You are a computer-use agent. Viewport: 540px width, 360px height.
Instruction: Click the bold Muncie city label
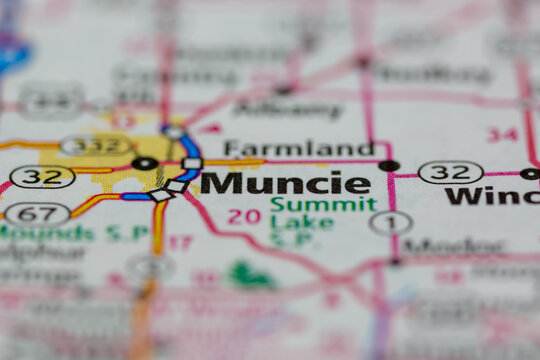pyautogui.click(x=285, y=184)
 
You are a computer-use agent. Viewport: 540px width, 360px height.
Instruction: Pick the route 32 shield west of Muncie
pyautogui.click(x=42, y=177)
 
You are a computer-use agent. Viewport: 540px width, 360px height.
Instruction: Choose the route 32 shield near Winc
pyautogui.click(x=450, y=172)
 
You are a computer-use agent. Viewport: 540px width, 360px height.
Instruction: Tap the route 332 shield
pyautogui.click(x=96, y=146)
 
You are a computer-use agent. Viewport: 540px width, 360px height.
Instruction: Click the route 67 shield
pyautogui.click(x=37, y=213)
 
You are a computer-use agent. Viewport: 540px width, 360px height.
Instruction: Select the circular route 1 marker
pyautogui.click(x=390, y=223)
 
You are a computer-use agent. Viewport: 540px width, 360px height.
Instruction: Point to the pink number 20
pyautogui.click(x=244, y=216)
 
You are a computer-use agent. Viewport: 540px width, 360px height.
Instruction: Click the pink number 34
pyautogui.click(x=502, y=134)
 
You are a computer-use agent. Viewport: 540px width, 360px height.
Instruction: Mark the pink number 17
pyautogui.click(x=180, y=242)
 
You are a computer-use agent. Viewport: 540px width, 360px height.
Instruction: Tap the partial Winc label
pyautogui.click(x=492, y=196)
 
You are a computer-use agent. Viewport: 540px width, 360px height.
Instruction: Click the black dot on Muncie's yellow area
pyautogui.click(x=145, y=163)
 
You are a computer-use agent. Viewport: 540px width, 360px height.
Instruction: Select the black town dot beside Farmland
pyautogui.click(x=389, y=165)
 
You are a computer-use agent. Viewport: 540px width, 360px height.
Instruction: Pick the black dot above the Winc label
pyautogui.click(x=529, y=173)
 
